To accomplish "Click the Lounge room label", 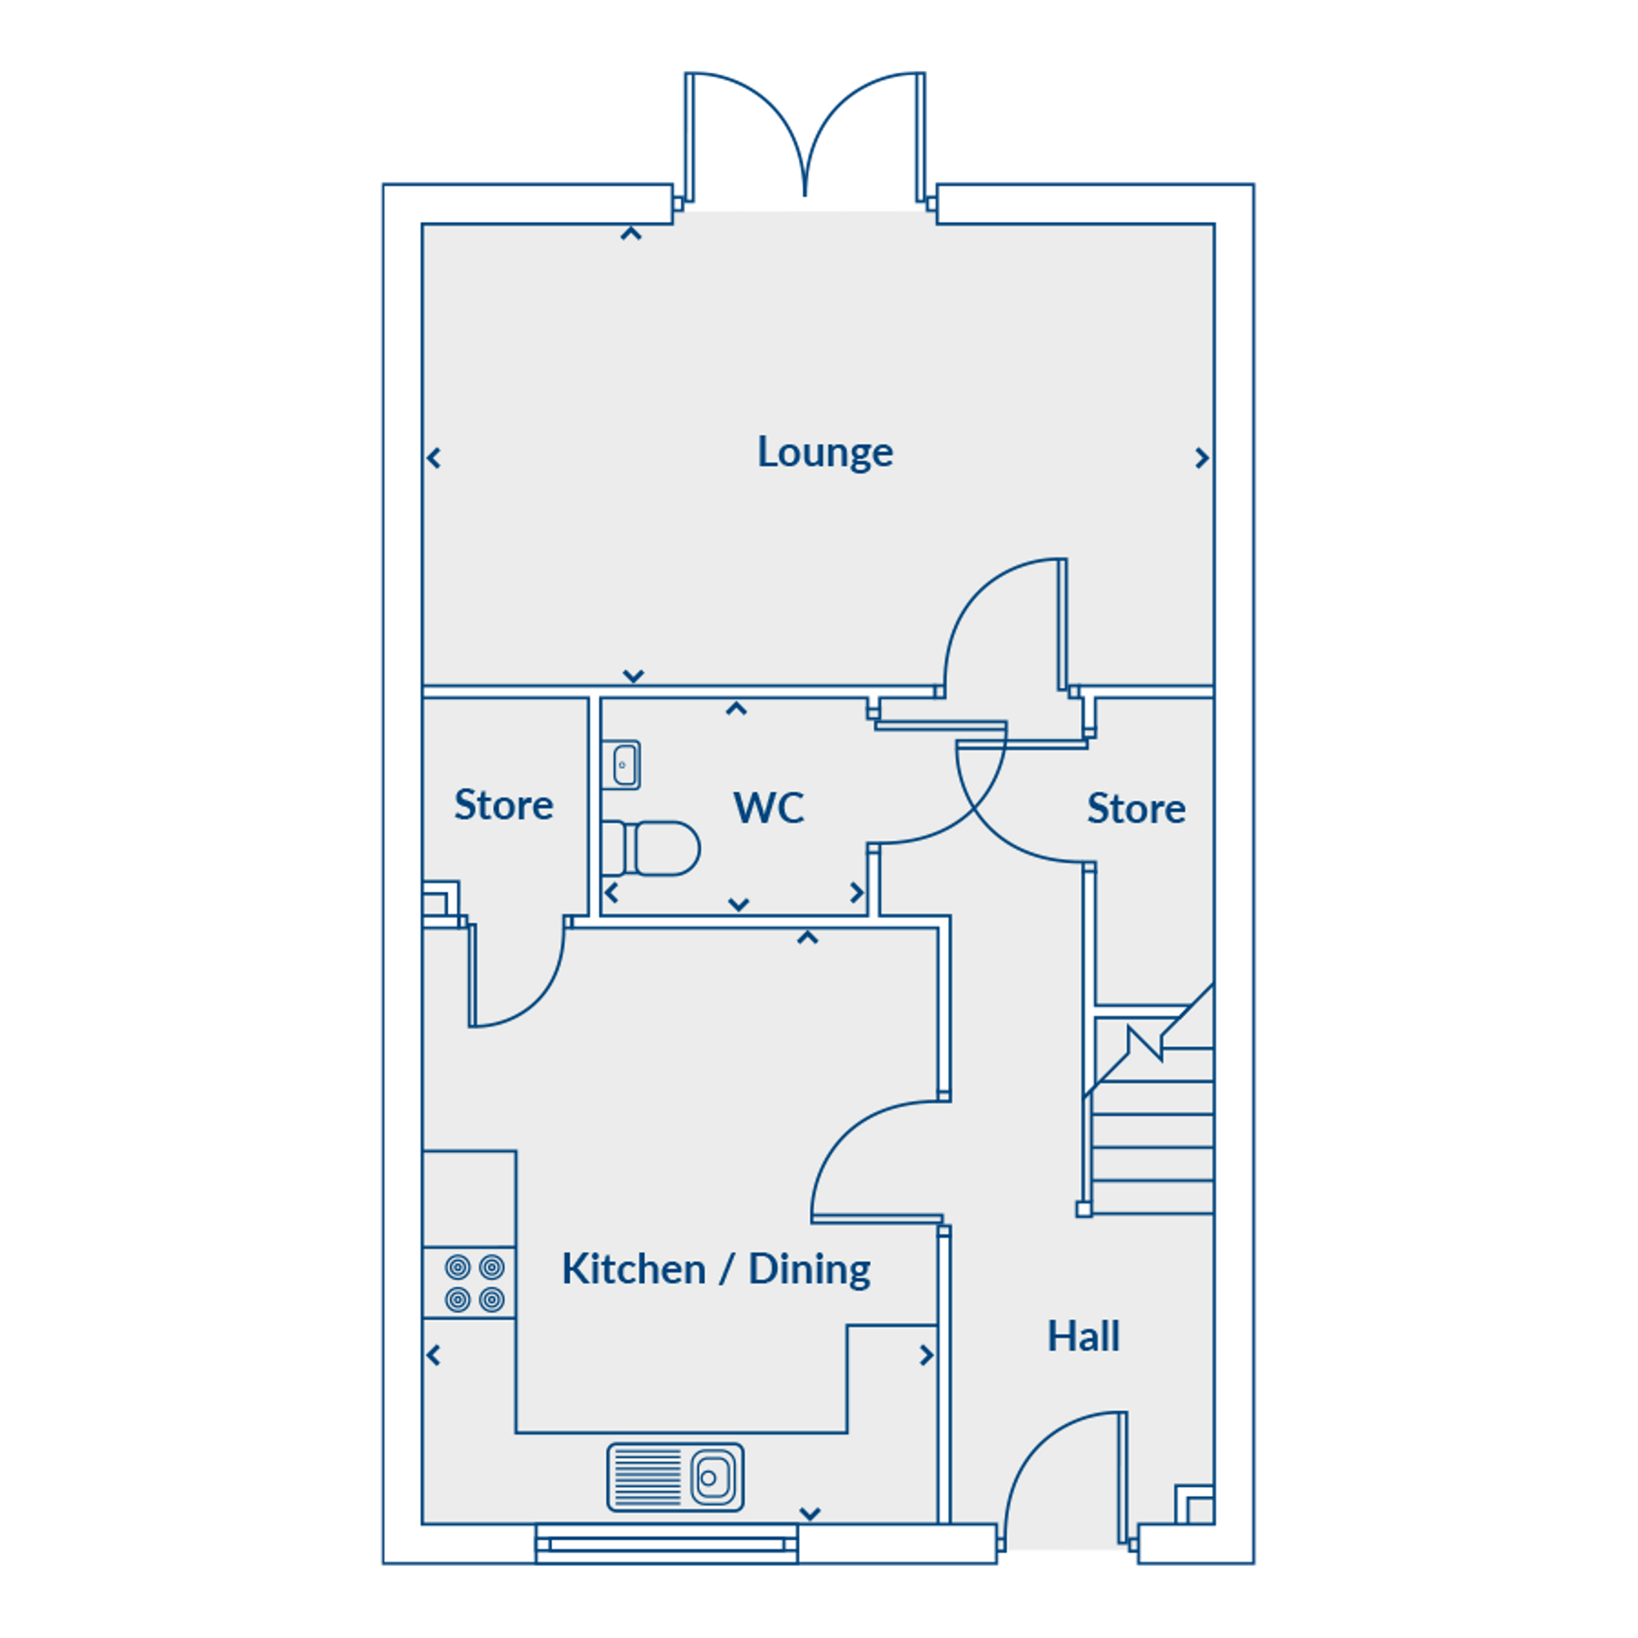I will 824,452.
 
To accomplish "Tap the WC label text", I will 768,807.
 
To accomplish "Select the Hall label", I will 1083,1337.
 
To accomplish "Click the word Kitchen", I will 633,1269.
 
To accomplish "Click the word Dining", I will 809,1269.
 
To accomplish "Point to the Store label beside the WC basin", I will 504,805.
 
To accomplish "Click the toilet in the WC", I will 651,847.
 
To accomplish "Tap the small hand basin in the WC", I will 625,765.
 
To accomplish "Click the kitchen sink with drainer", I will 675,1478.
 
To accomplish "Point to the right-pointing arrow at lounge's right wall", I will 1201,458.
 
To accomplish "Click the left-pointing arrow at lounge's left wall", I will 434,459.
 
